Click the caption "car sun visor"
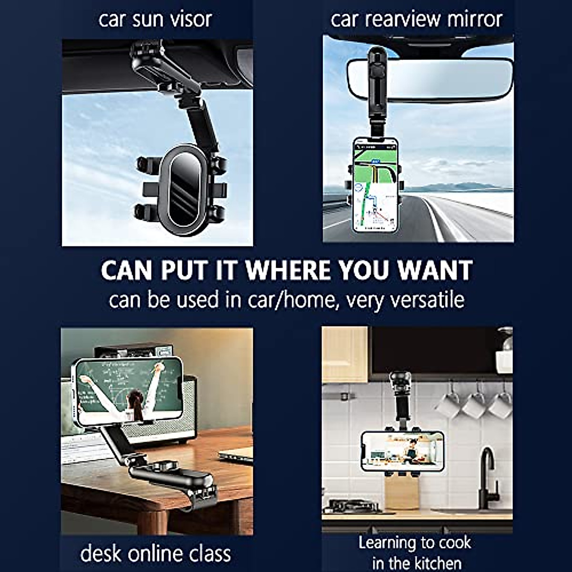[155, 20]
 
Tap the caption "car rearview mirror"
[416, 20]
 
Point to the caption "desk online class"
[155, 553]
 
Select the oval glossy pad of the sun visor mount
[183, 186]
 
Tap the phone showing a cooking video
[402, 451]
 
